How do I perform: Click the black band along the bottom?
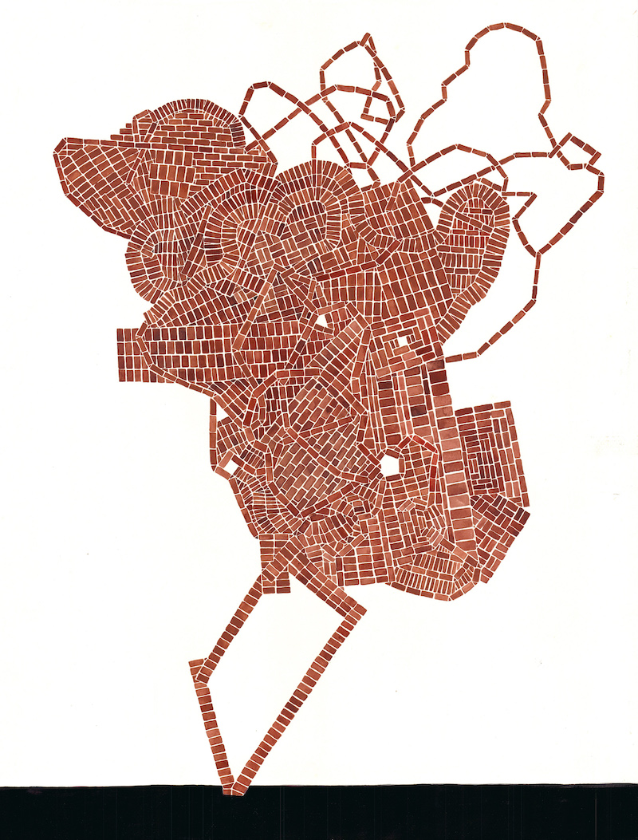pos(319,814)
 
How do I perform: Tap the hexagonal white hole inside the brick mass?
pos(392,465)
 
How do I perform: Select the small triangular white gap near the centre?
pos(323,321)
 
